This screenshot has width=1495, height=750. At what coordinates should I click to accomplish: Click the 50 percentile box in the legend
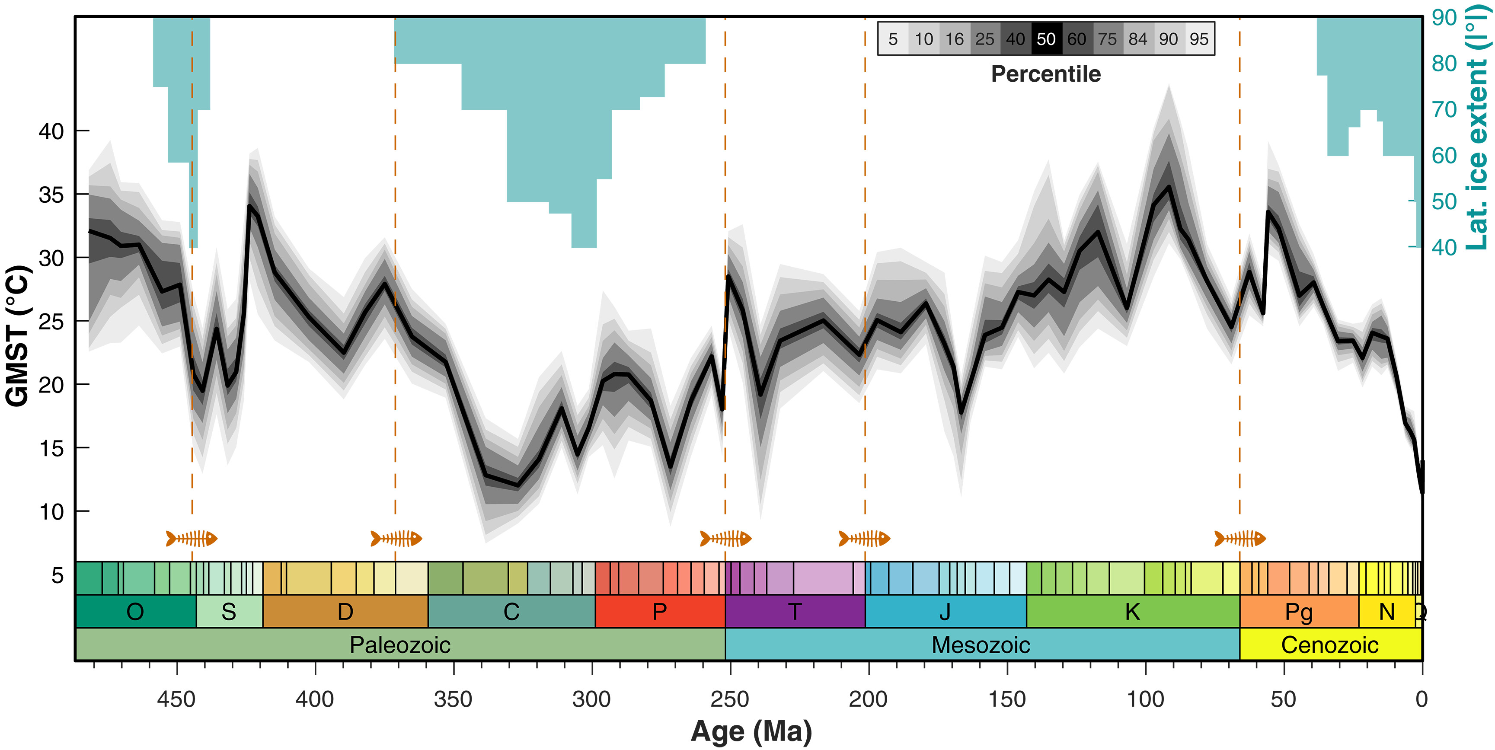pos(1046,39)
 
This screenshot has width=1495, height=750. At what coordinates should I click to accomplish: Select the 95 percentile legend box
pos(1199,39)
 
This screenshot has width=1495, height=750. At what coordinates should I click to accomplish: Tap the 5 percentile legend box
pos(893,39)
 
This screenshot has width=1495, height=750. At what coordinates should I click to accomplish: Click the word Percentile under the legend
pos(1046,74)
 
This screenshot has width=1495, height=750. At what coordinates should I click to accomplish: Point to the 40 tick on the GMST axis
pos(51,131)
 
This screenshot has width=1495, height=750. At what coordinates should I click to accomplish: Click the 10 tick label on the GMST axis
pos(51,512)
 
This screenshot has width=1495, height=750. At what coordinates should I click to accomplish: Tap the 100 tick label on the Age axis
pos(1145,699)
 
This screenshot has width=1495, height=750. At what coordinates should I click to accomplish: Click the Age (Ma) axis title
pos(751,731)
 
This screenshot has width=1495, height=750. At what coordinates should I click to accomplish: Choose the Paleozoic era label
pos(400,645)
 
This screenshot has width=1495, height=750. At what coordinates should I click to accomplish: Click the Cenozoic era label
pos(1329,645)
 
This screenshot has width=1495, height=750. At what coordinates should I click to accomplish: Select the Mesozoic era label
pos(981,645)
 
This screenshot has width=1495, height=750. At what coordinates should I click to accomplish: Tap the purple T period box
pos(795,612)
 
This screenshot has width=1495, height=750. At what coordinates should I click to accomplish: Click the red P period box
pos(660,612)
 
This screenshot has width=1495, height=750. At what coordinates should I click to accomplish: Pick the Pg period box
pos(1299,612)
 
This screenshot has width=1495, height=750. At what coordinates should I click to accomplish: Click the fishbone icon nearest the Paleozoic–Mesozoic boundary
pos(725,539)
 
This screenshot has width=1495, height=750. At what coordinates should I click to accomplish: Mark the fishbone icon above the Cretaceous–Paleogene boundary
pos(1240,539)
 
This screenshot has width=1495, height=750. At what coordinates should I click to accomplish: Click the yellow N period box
pos(1386,612)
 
